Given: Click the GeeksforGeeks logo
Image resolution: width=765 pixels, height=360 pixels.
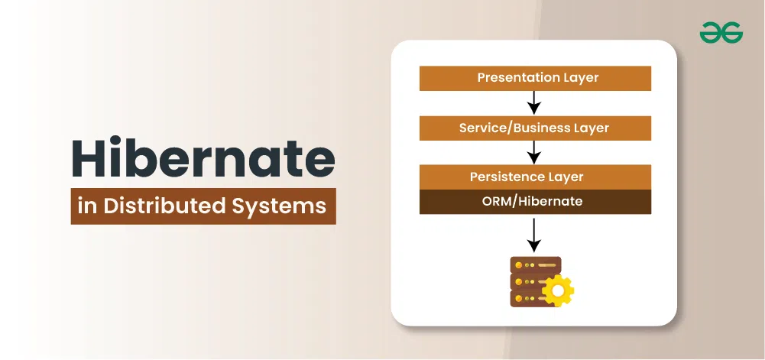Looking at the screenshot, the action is coord(721,33).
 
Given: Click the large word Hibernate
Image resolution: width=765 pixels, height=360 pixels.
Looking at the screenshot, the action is coord(203,158).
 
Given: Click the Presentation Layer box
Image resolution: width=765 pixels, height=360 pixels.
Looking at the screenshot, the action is coord(535,78).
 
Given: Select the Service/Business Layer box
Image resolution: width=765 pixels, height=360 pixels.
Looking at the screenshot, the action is coord(535,128).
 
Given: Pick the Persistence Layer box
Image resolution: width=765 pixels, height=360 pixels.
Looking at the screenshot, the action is coord(535,177).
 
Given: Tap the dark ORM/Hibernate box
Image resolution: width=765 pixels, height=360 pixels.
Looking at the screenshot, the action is coord(535,202).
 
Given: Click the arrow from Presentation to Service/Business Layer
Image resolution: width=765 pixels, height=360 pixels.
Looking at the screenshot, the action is coord(535,102).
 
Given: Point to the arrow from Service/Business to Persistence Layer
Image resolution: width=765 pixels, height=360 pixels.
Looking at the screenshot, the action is coord(535,152).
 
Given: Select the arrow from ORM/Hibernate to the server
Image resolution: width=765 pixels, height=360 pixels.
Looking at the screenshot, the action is coord(535,235).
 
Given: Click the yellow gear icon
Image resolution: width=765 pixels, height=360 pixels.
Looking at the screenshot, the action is coord(558,290).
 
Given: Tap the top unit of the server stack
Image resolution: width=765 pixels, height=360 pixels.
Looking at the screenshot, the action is coord(535,265).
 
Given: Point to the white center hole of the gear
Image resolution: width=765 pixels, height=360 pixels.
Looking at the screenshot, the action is coord(558,290).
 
